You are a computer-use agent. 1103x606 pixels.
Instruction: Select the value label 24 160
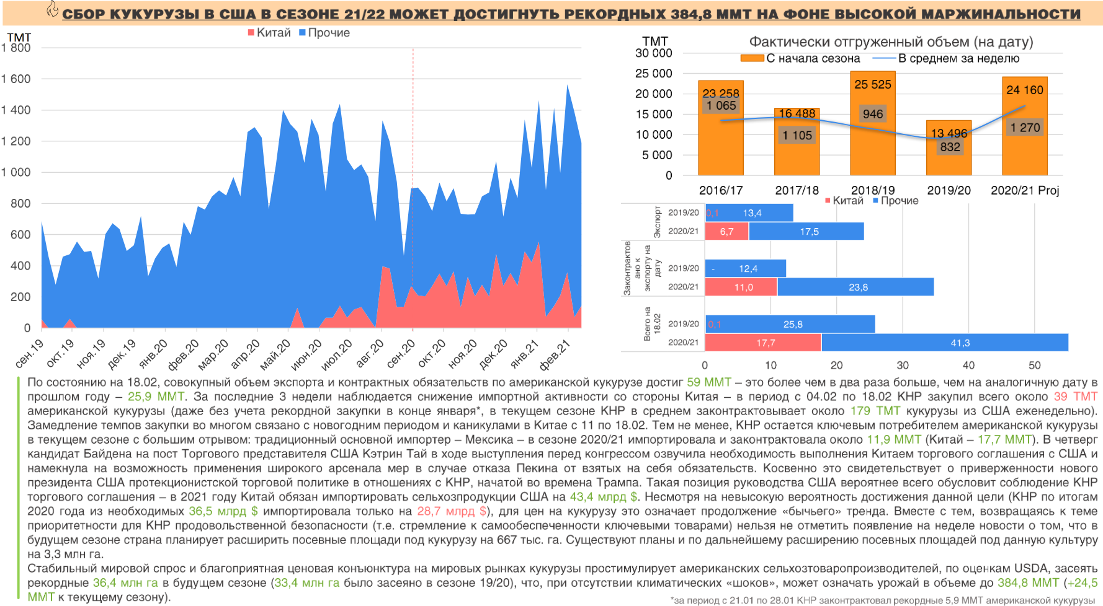click(x=1024, y=90)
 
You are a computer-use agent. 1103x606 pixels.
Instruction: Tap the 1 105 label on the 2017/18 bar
click(x=797, y=135)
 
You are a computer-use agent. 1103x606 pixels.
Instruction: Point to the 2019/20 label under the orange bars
click(x=949, y=190)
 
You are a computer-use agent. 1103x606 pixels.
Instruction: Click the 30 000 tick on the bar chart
click(x=653, y=53)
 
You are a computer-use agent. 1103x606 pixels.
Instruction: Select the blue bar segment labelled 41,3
click(x=945, y=343)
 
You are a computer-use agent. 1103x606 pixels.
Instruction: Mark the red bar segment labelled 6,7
click(x=726, y=231)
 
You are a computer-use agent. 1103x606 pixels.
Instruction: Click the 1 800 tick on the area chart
click(x=16, y=48)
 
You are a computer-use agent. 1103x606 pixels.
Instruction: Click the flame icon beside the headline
click(x=53, y=9)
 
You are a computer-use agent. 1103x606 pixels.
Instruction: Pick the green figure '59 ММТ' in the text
click(x=708, y=382)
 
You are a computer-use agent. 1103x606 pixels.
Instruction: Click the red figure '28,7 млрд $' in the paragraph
click(x=452, y=511)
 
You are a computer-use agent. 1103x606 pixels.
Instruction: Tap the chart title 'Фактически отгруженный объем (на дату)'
click(x=891, y=42)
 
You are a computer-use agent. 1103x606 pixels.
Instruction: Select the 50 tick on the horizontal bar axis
click(x=1034, y=366)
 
